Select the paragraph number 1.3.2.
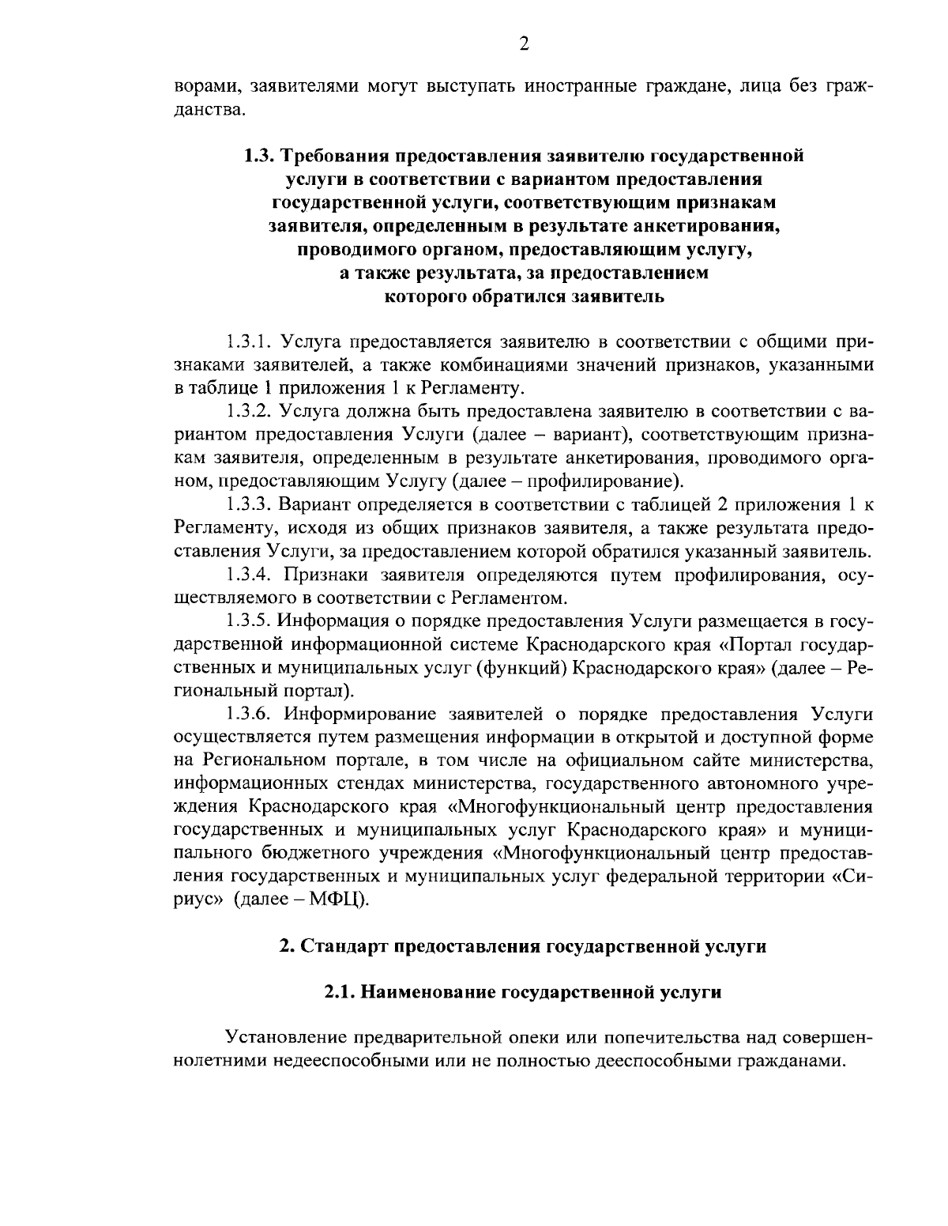(x=250, y=412)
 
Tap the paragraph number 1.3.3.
(x=250, y=504)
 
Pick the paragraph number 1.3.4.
(x=250, y=574)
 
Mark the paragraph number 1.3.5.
(x=250, y=621)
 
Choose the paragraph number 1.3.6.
(x=250, y=714)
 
